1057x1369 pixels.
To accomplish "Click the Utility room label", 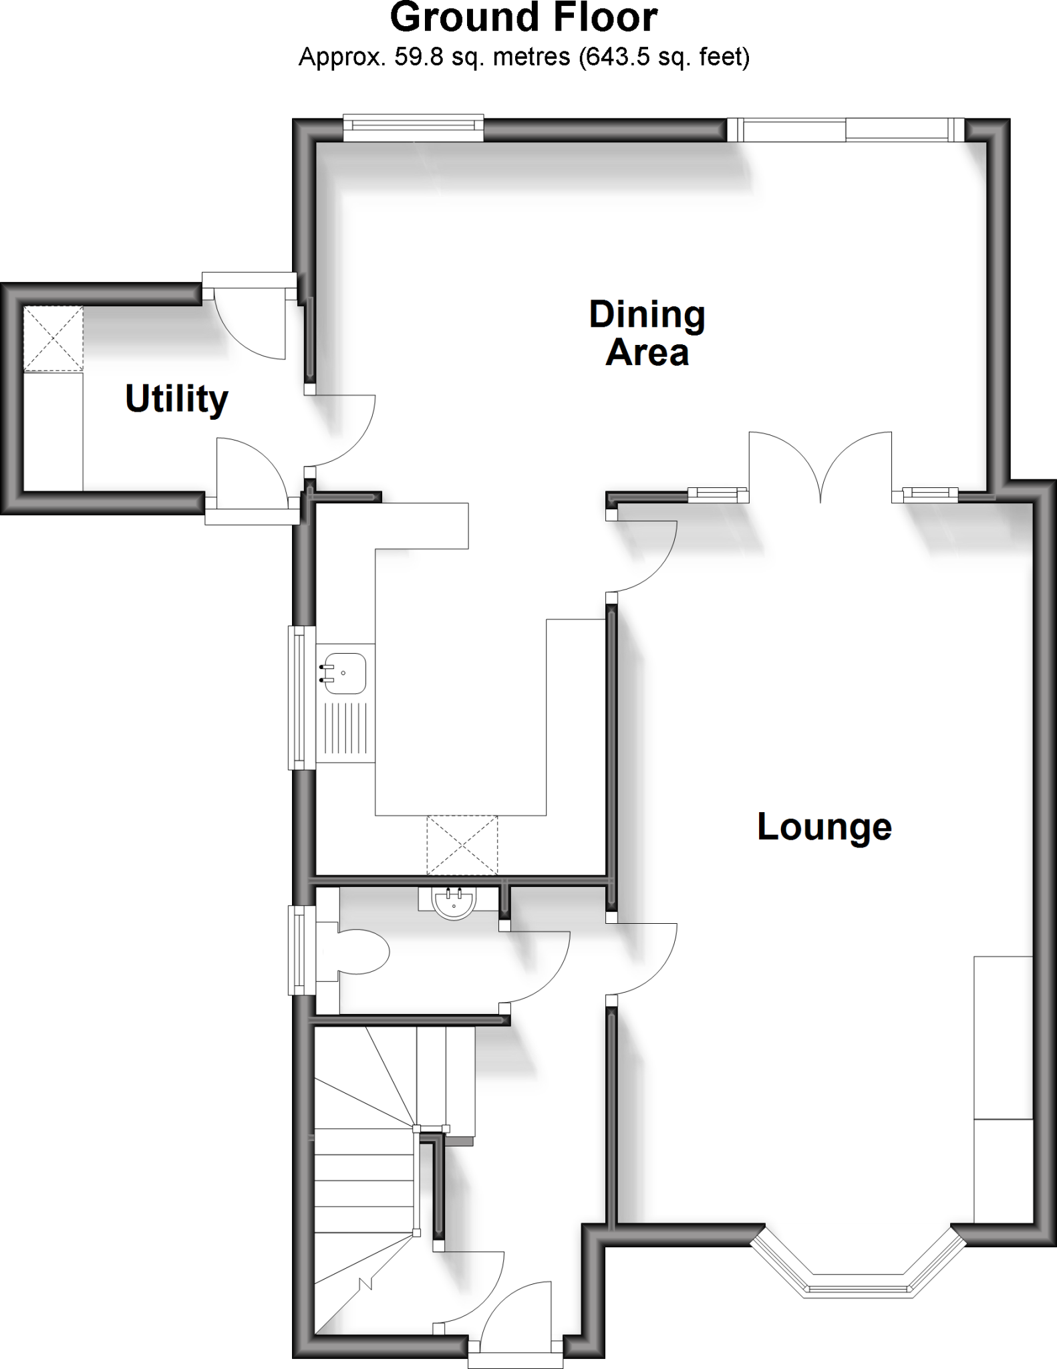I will (x=176, y=399).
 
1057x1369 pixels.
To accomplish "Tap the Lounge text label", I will (x=824, y=827).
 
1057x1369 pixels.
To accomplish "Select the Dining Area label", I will (x=647, y=334).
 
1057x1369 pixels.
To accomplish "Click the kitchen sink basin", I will (x=345, y=672).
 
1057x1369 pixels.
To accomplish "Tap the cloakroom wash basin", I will (x=454, y=902).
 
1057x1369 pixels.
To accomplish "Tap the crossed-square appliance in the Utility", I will (x=53, y=339).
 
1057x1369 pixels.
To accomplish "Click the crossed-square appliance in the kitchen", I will (x=462, y=845).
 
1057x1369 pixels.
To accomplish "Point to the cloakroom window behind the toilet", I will (x=298, y=950).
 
